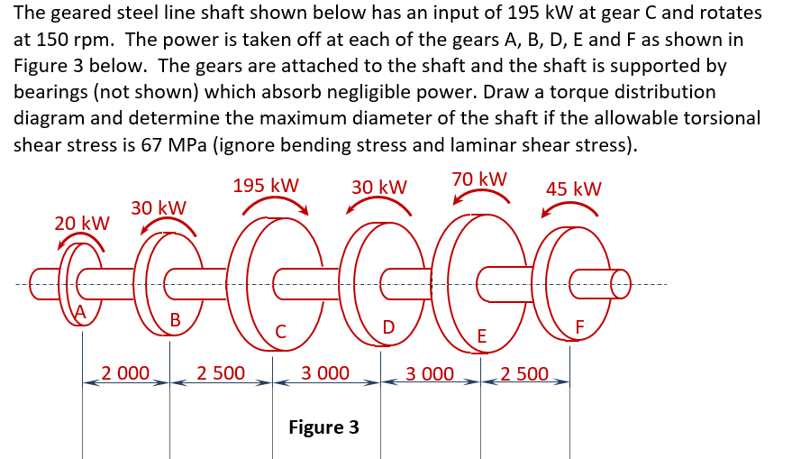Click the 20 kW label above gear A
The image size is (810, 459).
[82, 223]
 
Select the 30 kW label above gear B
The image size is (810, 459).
[159, 207]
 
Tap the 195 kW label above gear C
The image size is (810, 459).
[266, 185]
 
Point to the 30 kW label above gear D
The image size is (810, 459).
[379, 187]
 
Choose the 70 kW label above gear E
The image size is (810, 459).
[479, 179]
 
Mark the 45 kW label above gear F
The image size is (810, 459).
[574, 188]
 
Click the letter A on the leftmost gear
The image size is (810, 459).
[80, 312]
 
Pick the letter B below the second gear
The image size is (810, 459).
[175, 319]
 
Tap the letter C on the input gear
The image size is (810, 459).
[281, 331]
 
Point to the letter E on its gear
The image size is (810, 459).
[482, 336]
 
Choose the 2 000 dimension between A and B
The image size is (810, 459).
[125, 372]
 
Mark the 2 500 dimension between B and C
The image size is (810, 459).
[221, 372]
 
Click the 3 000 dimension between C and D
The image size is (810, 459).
[325, 372]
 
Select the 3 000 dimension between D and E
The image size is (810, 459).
[430, 372]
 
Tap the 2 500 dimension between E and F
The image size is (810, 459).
[524, 372]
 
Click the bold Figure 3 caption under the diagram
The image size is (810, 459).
[323, 427]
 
